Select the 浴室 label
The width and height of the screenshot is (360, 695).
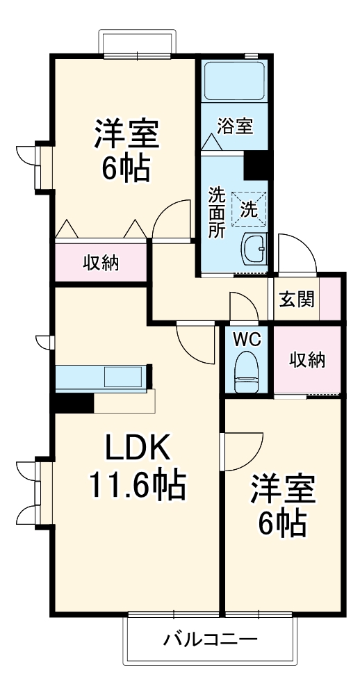235,126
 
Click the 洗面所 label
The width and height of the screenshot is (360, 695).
217,212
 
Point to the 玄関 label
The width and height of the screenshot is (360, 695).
297,299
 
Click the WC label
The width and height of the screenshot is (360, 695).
246,340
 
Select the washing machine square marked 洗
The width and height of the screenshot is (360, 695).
247,208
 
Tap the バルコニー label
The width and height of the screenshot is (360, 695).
210,639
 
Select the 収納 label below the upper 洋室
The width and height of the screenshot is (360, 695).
101,263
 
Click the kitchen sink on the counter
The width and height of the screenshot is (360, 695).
122,377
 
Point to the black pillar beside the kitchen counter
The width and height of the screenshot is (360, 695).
74,402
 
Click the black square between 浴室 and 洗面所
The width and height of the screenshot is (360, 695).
256,165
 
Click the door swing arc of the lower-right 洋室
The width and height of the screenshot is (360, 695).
242,450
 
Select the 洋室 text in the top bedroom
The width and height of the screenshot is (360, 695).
127,134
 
